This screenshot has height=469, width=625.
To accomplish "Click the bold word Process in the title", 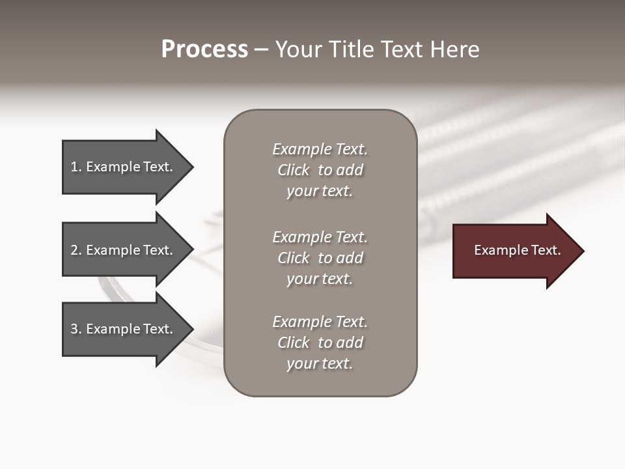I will click(204, 50).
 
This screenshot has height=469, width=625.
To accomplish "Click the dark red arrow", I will click(514, 251).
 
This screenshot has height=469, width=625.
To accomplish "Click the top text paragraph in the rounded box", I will click(320, 170).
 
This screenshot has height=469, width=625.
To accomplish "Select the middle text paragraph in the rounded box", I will click(320, 258).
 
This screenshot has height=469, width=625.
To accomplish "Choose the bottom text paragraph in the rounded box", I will click(320, 343).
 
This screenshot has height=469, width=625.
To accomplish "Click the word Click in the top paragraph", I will click(293, 170).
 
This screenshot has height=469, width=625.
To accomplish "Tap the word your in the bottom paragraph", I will click(300, 364).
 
